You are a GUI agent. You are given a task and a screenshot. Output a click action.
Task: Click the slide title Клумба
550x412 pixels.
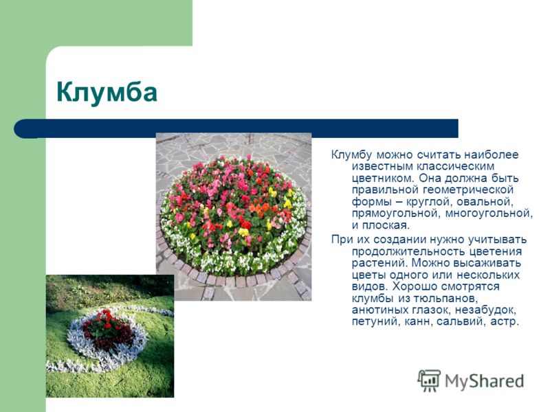pyautogui.click(x=107, y=92)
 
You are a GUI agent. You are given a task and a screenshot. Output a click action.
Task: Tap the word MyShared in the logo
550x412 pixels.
pyautogui.click(x=484, y=381)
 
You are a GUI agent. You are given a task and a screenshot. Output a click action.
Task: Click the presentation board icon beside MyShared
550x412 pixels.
pyautogui.click(x=429, y=381)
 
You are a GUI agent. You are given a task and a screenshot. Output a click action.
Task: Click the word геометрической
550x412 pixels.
pyautogui.click(x=468, y=190)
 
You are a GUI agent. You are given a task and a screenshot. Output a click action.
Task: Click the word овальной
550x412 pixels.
pyautogui.click(x=480, y=202)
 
